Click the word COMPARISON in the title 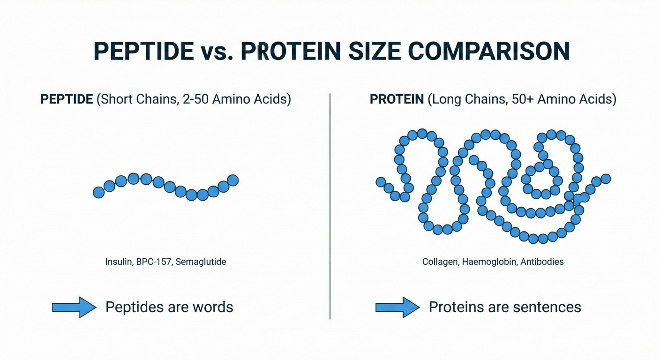[489, 51]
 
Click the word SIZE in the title [374, 51]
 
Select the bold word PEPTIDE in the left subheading [67, 99]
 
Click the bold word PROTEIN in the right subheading [397, 99]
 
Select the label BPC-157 [153, 262]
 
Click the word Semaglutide [201, 262]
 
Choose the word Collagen [440, 262]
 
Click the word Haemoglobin [489, 262]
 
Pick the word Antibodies [542, 262]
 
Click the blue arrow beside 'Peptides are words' [74, 307]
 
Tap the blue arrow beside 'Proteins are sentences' [397, 307]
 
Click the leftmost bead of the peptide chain [99, 192]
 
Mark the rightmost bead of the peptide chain [233, 180]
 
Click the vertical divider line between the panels [330, 206]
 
